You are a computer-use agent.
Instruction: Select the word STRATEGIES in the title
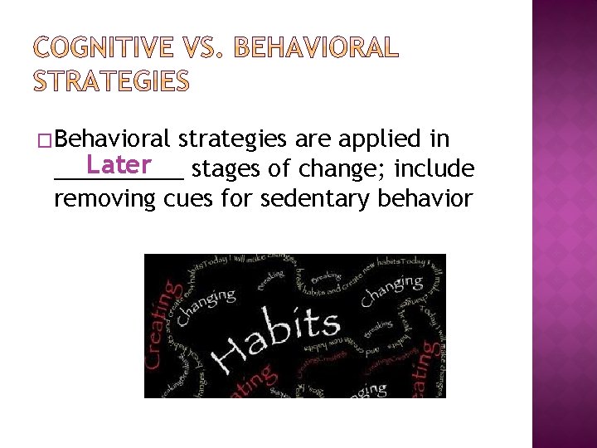pyautogui.click(x=111, y=81)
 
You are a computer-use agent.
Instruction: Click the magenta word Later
pyautogui.click(x=118, y=163)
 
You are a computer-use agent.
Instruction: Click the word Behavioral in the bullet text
pyautogui.click(x=118, y=137)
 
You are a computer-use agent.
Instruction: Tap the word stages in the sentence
pyautogui.click(x=226, y=170)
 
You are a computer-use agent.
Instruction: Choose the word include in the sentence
pyautogui.click(x=434, y=169)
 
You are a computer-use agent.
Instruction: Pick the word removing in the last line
pyautogui.click(x=104, y=200)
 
